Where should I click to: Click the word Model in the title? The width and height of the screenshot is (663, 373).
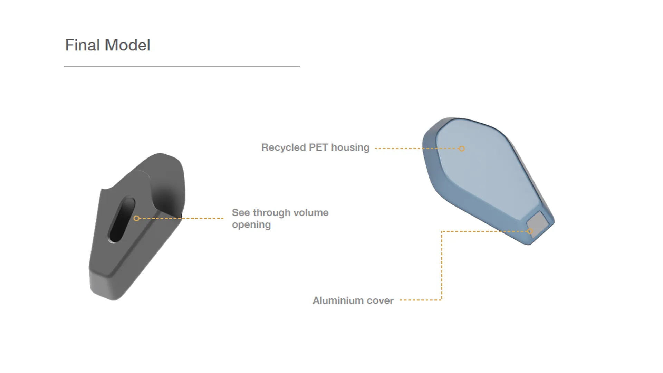pyautogui.click(x=127, y=45)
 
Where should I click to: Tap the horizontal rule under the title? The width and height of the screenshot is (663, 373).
pyautogui.click(x=182, y=66)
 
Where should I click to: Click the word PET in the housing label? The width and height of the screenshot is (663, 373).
pyautogui.click(x=318, y=147)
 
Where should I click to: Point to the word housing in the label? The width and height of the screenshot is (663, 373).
pyautogui.click(x=350, y=147)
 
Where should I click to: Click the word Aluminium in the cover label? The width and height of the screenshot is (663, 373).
pyautogui.click(x=338, y=300)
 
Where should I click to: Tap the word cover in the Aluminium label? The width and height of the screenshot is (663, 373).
pyautogui.click(x=380, y=300)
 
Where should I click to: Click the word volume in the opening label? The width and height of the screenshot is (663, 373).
pyautogui.click(x=311, y=213)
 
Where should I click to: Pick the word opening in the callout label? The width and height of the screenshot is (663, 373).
pyautogui.click(x=251, y=225)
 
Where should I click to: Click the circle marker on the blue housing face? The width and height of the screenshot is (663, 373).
pyautogui.click(x=462, y=149)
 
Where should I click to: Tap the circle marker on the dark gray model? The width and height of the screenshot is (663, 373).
pyautogui.click(x=136, y=218)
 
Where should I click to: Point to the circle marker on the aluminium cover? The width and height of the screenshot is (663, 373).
pyautogui.click(x=530, y=231)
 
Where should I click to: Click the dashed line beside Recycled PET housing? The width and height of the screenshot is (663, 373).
pyautogui.click(x=414, y=149)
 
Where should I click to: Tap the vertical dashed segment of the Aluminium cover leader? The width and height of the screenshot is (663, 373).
pyautogui.click(x=442, y=266)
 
